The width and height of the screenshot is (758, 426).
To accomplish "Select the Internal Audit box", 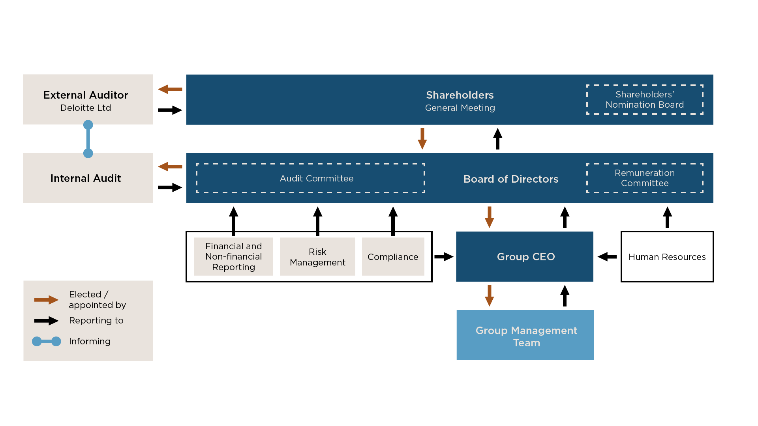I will pyautogui.click(x=88, y=178).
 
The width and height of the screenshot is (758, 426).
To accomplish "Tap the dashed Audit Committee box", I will pyautogui.click(x=310, y=178).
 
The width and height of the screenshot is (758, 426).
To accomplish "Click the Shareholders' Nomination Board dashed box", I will pyautogui.click(x=644, y=99).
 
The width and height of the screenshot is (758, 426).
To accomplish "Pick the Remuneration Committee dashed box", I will pyautogui.click(x=644, y=178).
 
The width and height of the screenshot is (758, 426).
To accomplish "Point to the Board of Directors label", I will pyautogui.click(x=510, y=179).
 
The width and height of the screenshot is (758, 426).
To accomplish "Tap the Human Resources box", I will pyautogui.click(x=667, y=257).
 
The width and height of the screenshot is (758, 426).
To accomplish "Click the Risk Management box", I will pyautogui.click(x=317, y=257).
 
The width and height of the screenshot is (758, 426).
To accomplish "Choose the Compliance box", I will pyautogui.click(x=393, y=257).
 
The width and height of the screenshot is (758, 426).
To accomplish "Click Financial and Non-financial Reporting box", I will pyautogui.click(x=233, y=257).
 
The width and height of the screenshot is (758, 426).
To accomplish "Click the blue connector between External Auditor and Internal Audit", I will pyautogui.click(x=88, y=139).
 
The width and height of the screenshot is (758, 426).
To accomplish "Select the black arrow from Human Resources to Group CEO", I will pyautogui.click(x=607, y=257).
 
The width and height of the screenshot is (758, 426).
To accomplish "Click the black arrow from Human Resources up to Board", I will pyautogui.click(x=667, y=217).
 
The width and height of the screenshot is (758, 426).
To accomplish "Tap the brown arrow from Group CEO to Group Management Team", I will pyautogui.click(x=490, y=295).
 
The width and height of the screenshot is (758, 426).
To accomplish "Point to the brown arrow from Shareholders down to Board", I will pyautogui.click(x=422, y=138).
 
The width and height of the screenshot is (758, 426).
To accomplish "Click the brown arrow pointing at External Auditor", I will pyautogui.click(x=170, y=89).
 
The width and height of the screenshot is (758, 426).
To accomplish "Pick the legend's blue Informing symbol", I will pyautogui.click(x=47, y=341).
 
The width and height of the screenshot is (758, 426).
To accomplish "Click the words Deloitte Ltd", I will pyautogui.click(x=86, y=108).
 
